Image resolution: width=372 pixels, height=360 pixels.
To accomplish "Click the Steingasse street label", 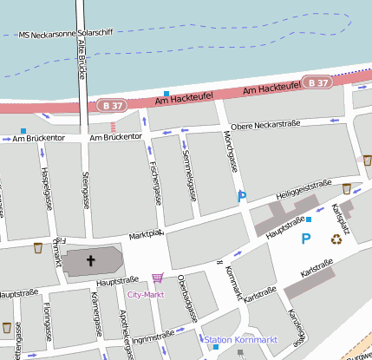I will [x=85, y=190].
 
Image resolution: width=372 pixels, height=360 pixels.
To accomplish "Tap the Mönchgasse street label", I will [x=230, y=150].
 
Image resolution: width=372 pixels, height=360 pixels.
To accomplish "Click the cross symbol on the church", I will [x=90, y=260].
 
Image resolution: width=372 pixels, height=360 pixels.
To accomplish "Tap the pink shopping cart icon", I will [x=157, y=278].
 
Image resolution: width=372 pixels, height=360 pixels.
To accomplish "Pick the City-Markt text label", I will [x=146, y=295].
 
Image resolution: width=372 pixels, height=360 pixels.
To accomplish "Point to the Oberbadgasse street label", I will [x=183, y=295].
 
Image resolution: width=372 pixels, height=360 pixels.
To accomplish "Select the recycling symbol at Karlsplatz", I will [x=335, y=238].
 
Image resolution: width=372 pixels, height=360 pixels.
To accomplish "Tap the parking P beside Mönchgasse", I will [x=242, y=198].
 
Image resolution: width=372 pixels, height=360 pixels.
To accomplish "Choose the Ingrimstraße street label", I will [x=153, y=334].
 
